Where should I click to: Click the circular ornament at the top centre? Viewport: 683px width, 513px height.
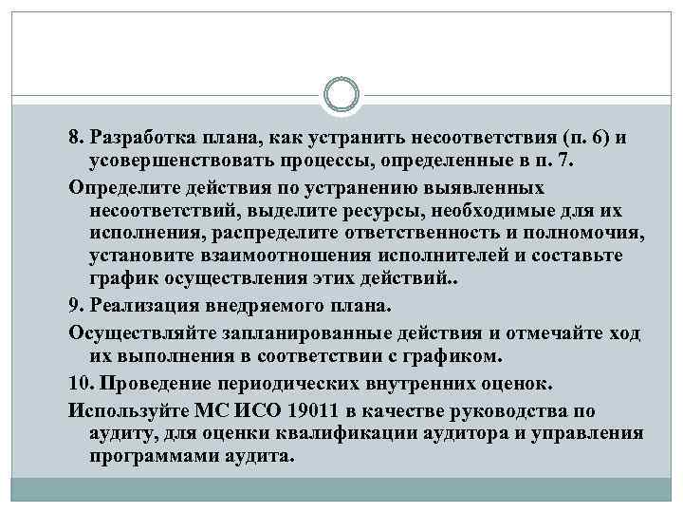(x=341, y=96)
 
